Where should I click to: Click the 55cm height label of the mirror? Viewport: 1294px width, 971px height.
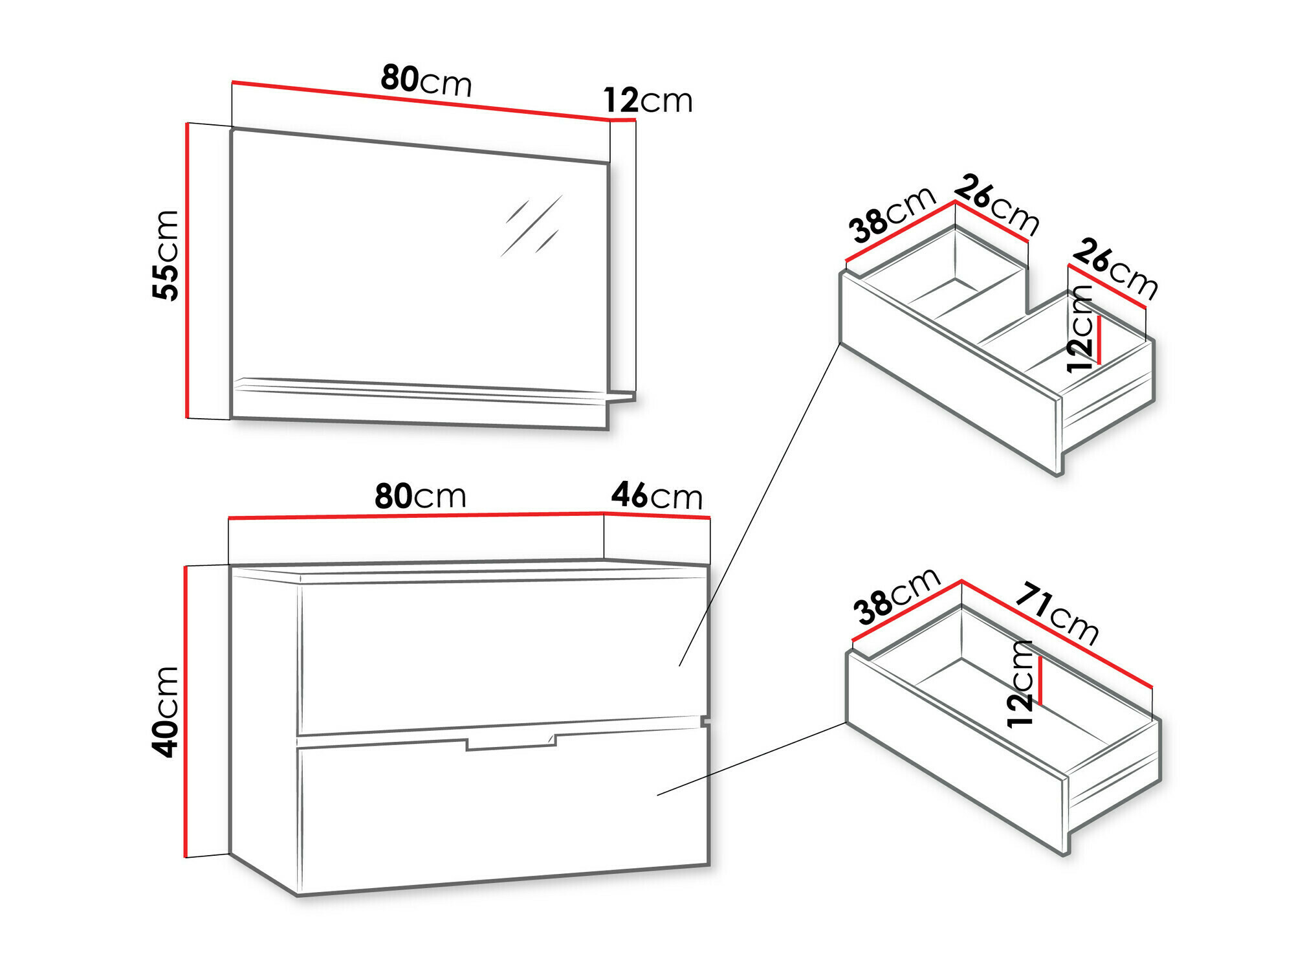(166, 256)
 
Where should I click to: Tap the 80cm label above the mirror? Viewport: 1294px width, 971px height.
(426, 80)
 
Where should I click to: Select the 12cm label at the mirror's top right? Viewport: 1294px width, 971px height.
(648, 101)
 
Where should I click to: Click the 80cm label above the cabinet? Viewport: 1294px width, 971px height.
(421, 497)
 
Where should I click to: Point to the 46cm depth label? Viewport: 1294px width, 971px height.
(657, 497)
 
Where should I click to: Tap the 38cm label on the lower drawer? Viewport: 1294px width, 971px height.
(896, 596)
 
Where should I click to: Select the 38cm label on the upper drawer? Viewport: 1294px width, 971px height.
(892, 214)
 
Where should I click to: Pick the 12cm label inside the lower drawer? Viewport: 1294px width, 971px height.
(1020, 684)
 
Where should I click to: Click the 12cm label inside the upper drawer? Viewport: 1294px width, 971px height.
(1079, 329)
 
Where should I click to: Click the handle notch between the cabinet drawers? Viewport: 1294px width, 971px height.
(510, 744)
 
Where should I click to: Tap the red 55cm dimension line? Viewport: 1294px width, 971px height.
(187, 271)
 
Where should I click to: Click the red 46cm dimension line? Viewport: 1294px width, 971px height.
(657, 515)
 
